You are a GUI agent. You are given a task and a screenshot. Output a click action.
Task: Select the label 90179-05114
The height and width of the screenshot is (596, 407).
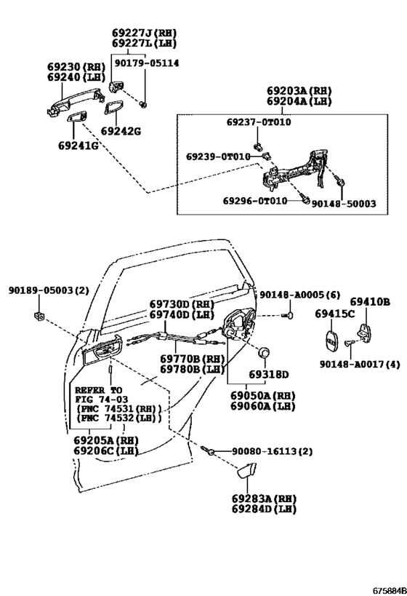[x=145, y=63]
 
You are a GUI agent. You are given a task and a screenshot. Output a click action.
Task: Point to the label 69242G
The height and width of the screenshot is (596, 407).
[x=121, y=132]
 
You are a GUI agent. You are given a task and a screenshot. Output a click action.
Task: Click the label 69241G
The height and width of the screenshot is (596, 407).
[x=78, y=146]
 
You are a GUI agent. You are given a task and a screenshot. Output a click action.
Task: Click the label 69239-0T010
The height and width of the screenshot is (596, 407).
[x=217, y=156]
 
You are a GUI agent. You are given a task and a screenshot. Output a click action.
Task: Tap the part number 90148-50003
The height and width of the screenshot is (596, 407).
[x=344, y=204]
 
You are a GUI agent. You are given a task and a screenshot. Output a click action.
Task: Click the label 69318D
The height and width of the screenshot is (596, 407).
[x=268, y=374]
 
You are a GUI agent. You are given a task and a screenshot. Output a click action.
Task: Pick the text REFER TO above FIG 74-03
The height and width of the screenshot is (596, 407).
[x=99, y=389]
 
